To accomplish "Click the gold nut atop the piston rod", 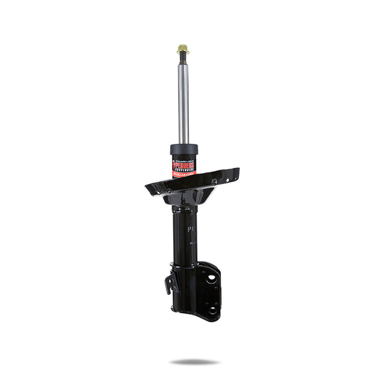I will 183,49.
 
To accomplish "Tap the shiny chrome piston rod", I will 183,102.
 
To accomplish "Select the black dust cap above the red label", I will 184,149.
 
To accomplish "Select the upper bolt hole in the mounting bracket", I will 212,277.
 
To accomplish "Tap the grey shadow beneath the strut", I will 194,362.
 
